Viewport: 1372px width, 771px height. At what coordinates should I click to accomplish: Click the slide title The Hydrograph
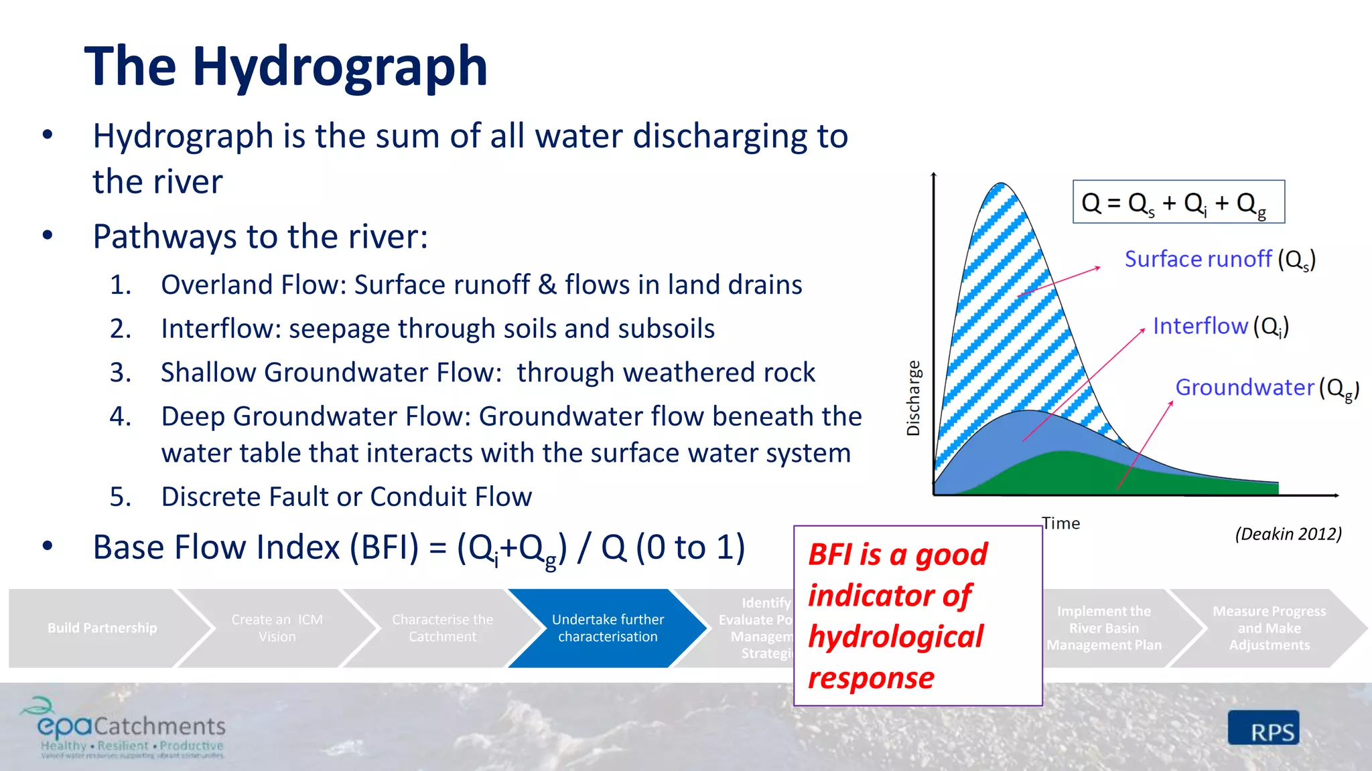click(286, 67)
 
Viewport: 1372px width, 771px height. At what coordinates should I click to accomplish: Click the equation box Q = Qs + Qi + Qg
click(1178, 202)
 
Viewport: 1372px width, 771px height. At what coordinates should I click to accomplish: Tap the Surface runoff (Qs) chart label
click(1219, 260)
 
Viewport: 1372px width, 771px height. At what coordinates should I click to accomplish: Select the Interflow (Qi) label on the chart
click(1220, 327)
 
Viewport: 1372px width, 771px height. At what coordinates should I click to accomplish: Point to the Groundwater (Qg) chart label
click(1266, 388)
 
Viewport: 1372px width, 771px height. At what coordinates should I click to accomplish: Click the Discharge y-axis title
click(913, 398)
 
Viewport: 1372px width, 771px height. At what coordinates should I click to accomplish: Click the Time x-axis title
click(1060, 523)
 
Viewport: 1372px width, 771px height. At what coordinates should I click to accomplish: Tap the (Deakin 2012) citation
click(1288, 534)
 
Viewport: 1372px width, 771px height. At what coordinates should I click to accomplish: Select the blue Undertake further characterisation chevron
click(607, 628)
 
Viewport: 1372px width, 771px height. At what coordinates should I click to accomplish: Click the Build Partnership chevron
click(102, 628)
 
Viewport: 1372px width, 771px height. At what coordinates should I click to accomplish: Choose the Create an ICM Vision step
click(277, 628)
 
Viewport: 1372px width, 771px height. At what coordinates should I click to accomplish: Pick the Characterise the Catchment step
click(442, 628)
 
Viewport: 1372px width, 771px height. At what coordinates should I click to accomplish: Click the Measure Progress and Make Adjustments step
click(1268, 628)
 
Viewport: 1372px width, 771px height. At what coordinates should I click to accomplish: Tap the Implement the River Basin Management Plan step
click(1103, 628)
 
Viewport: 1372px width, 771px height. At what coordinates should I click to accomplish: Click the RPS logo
click(1263, 728)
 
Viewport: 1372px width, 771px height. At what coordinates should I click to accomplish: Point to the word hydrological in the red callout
click(895, 636)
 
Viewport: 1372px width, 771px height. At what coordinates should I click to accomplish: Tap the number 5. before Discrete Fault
click(121, 497)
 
